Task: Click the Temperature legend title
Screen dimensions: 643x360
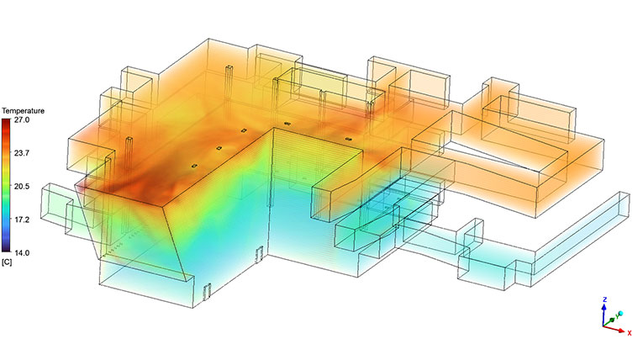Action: (23, 111)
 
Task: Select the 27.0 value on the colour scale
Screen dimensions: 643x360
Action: (22, 120)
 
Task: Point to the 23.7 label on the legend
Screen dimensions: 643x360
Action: (22, 153)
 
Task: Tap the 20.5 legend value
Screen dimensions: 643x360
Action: (22, 187)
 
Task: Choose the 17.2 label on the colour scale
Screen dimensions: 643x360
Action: (22, 220)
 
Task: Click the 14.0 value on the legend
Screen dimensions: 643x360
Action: (22, 253)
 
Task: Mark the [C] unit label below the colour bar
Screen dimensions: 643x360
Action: (7, 262)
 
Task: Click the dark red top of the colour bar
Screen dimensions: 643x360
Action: (7, 123)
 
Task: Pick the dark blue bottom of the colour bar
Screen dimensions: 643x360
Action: (7, 247)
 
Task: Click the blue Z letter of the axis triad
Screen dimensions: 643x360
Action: (604, 299)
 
